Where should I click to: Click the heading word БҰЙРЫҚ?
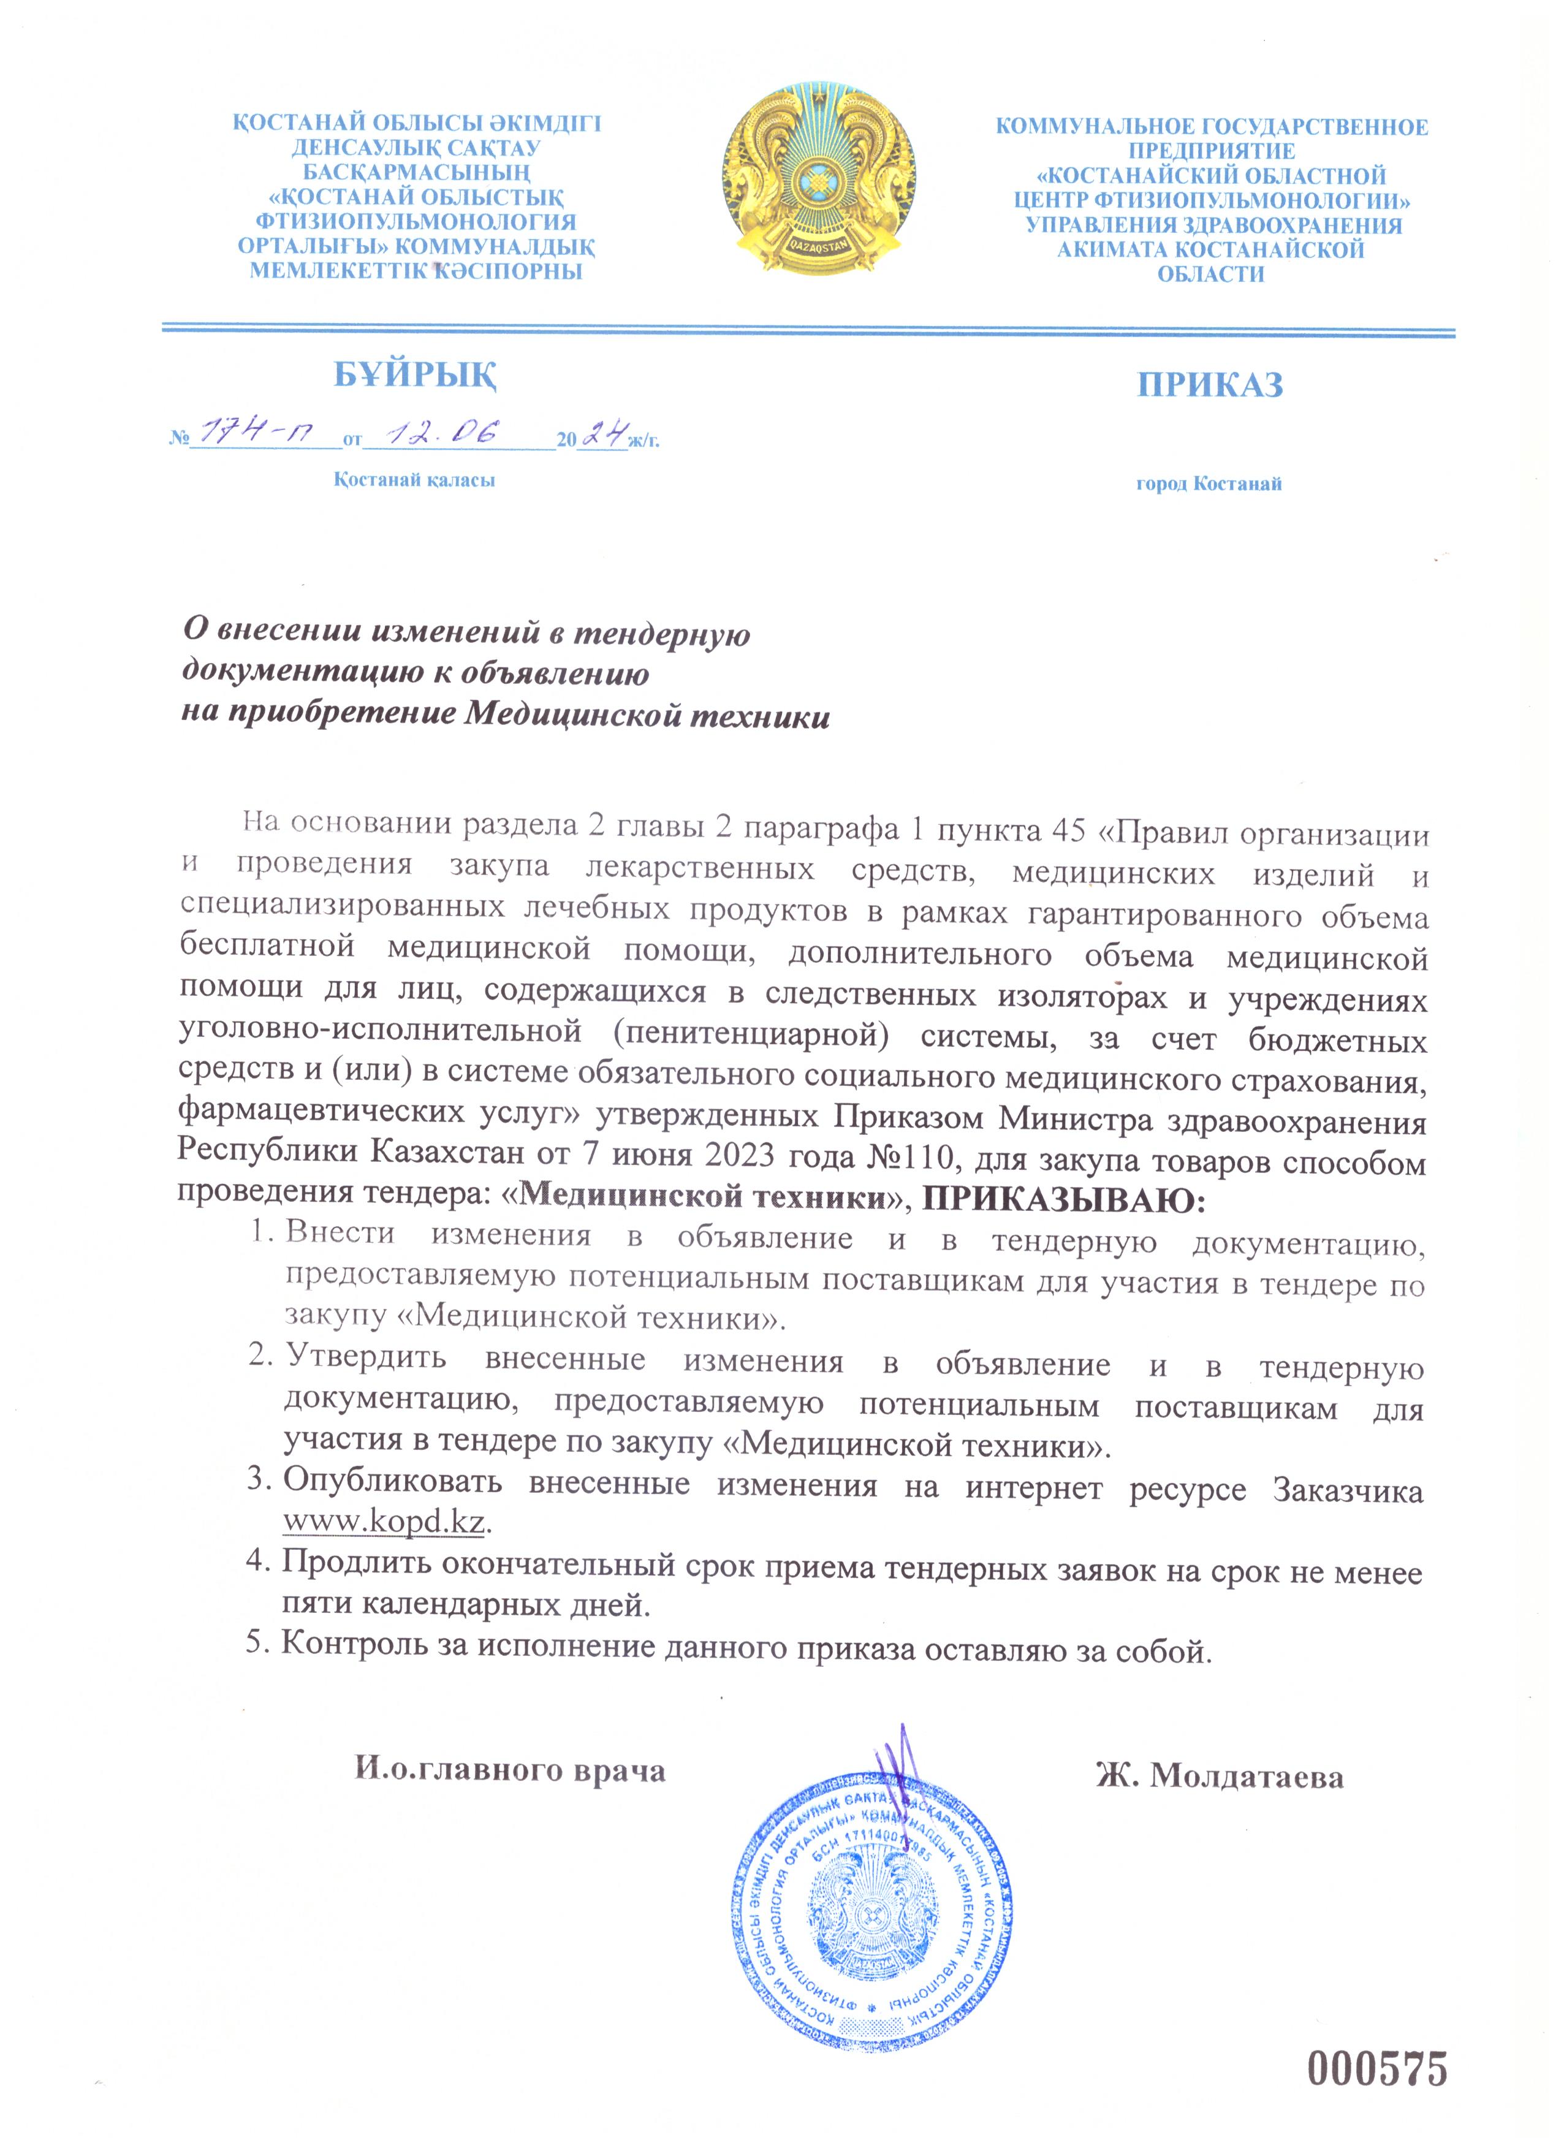click(416, 374)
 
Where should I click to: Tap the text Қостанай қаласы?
click(414, 480)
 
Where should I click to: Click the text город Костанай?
click(1209, 484)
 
